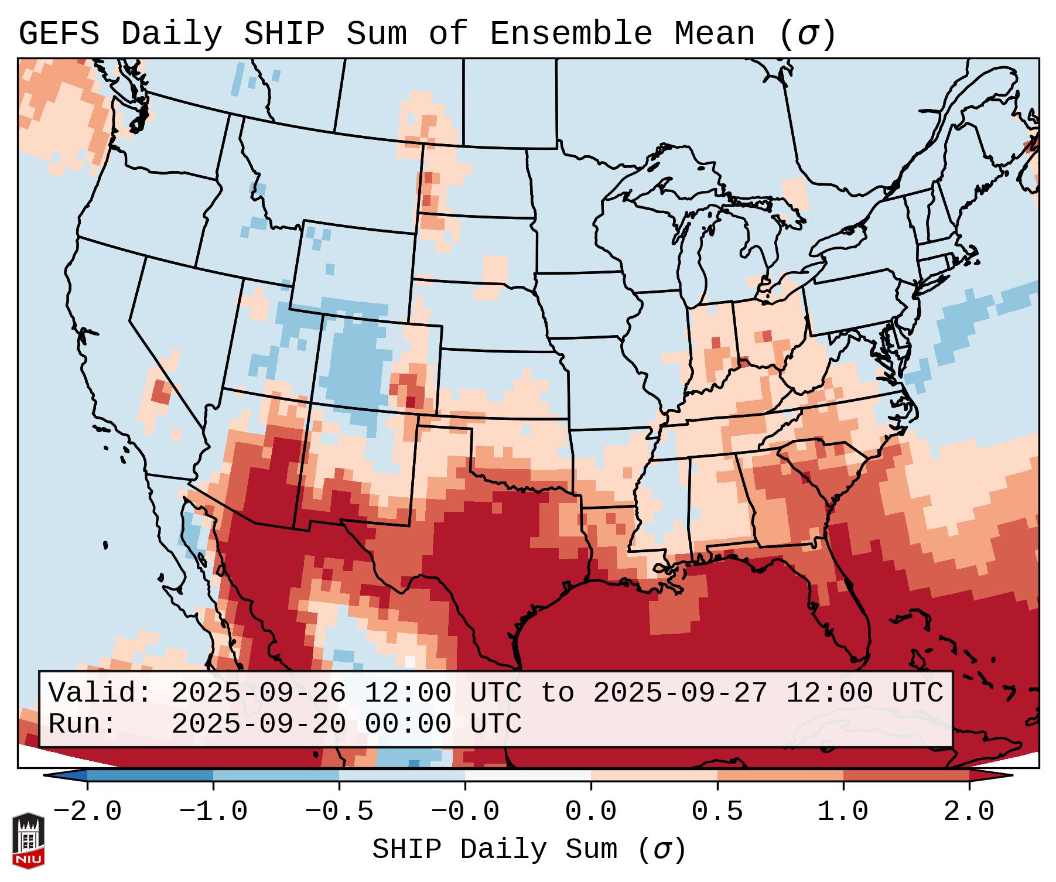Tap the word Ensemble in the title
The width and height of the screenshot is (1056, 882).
click(570, 34)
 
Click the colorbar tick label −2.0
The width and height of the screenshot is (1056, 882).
click(87, 812)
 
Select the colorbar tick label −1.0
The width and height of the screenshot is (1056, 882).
click(213, 812)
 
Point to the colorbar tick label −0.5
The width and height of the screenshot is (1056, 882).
click(339, 812)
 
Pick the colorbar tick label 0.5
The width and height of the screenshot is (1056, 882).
click(717, 812)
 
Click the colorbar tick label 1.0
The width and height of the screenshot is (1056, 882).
click(843, 812)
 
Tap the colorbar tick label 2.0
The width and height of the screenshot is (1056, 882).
click(969, 812)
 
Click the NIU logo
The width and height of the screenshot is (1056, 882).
click(28, 840)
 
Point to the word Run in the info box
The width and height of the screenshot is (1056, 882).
click(74, 724)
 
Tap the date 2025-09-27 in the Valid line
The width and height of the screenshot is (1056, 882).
click(680, 693)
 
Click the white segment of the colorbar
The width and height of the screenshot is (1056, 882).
click(528, 775)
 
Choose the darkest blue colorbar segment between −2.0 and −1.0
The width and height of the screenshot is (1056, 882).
click(150, 775)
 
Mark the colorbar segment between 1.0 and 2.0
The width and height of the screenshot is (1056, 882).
click(906, 775)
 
